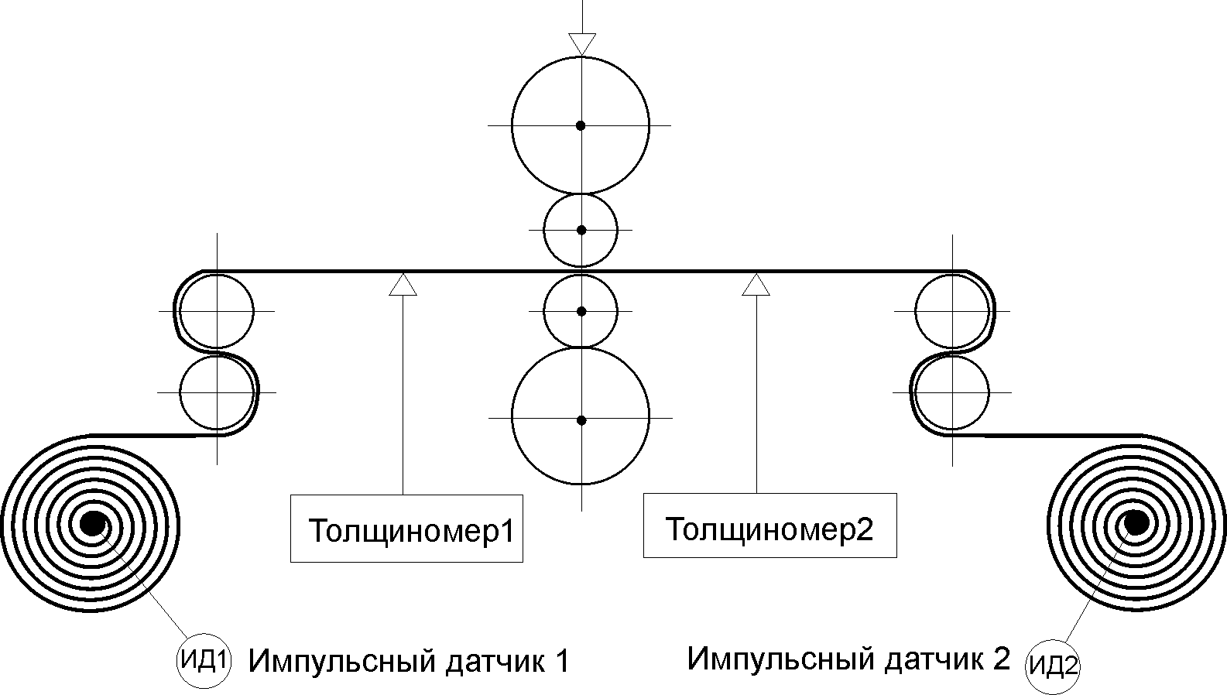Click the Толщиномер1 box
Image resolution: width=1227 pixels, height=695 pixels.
[x=406, y=527]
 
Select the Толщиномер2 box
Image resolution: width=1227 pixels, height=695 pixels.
[x=769, y=526]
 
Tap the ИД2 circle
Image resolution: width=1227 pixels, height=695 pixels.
[x=1052, y=666]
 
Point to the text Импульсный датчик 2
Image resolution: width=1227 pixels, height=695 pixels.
[x=848, y=659]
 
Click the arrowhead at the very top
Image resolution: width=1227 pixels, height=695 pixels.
[x=581, y=43]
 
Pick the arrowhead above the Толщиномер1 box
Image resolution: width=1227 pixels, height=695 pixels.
[x=403, y=284]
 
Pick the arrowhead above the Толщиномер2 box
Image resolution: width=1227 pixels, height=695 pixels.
[x=756, y=284]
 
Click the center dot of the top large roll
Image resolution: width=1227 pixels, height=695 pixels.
[x=581, y=125]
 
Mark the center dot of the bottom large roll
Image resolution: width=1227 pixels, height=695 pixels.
[x=581, y=420]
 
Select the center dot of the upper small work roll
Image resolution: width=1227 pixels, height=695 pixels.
[x=581, y=230]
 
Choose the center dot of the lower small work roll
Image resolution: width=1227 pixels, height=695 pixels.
[x=581, y=311]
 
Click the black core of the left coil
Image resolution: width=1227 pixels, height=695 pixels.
[x=92, y=523]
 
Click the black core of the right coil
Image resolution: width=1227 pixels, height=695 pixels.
[x=1136, y=523]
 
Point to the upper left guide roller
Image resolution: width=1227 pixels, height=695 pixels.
[x=217, y=311]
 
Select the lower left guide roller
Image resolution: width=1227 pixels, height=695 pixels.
[x=217, y=392]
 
